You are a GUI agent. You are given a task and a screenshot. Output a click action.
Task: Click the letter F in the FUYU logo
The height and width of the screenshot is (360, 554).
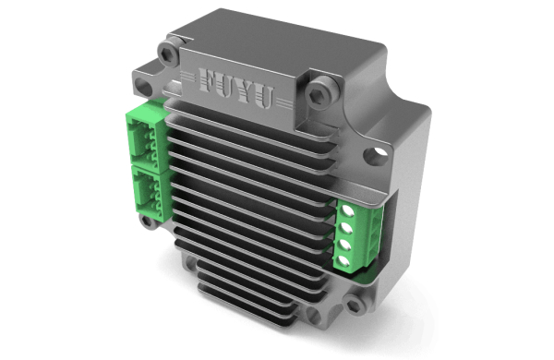[x=207, y=79]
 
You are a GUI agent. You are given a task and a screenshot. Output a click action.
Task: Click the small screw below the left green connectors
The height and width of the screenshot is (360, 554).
[x=147, y=222]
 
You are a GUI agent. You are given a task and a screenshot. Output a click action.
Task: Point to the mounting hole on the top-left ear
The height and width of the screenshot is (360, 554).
[x=143, y=86]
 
